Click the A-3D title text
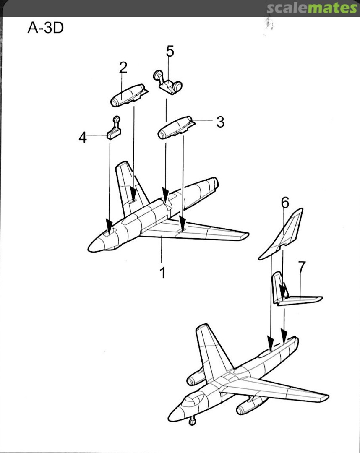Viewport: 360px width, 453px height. [x=45, y=28]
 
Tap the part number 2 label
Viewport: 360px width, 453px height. [x=123, y=67]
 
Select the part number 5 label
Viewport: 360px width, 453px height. [x=170, y=51]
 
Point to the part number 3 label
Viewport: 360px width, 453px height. [x=220, y=122]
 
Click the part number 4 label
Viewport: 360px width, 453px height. [x=83, y=137]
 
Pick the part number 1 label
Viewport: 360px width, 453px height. [x=162, y=273]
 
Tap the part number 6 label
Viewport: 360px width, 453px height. [x=285, y=203]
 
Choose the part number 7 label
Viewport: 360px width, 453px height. [x=302, y=266]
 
